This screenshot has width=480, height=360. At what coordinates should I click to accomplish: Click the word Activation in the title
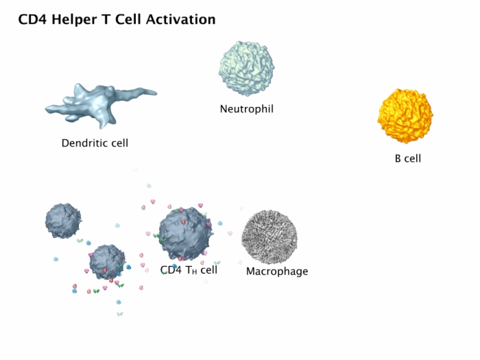pos(180,19)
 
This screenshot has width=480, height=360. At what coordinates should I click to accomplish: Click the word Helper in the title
pos(74,20)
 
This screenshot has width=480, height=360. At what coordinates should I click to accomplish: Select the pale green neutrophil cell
pos(246,69)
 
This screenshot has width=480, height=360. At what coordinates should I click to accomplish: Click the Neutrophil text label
pos(247,109)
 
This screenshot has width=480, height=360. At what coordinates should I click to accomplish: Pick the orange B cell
pos(405,116)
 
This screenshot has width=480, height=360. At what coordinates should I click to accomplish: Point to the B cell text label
pos(408,158)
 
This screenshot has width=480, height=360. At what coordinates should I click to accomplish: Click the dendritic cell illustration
pos(100,105)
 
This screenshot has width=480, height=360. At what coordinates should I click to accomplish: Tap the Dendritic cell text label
pos(95,143)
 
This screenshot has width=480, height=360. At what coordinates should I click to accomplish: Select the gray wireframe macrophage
pos(269,237)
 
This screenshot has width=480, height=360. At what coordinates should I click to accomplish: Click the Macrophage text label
pos(277,272)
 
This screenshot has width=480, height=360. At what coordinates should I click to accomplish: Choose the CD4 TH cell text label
pos(189,270)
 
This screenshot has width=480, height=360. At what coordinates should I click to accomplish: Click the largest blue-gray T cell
pos(186,234)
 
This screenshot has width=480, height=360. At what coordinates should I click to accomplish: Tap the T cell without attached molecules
pos(63,221)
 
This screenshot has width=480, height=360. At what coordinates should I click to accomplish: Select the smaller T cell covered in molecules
pos(107,262)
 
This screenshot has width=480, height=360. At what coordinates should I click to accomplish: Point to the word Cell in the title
pos(128,20)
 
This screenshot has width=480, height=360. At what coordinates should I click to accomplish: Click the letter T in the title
pos(106,20)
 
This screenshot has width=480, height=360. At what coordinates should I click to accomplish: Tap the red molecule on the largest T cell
pos(183,222)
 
